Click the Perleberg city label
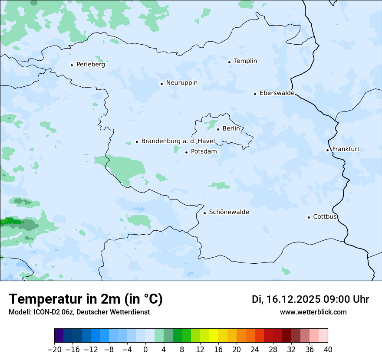point(90,64)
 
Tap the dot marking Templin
point(229,62)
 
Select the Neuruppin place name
point(181,82)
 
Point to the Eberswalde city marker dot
point(255,94)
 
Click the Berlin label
point(231,128)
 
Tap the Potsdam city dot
point(186,152)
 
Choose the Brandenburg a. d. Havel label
point(178,141)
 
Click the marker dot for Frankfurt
point(327,151)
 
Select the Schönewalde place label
point(229,212)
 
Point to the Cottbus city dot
point(309,217)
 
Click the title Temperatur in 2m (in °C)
point(86,299)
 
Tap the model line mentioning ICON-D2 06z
point(79,312)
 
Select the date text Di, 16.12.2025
point(286,299)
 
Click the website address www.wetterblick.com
point(313,312)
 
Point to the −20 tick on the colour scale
point(55,350)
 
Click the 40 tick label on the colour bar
point(328,350)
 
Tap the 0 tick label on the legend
point(145,350)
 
